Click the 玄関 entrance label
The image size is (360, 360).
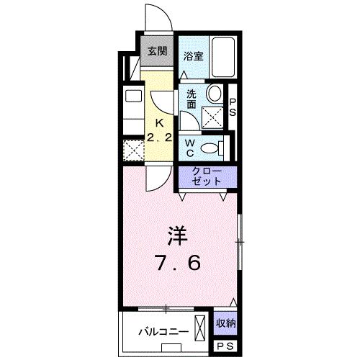click(x=157, y=51)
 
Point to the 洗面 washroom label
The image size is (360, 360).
click(x=192, y=99)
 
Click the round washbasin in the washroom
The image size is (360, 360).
click(x=213, y=94)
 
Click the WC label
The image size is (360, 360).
click(x=190, y=148)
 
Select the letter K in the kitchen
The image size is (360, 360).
click(x=160, y=122)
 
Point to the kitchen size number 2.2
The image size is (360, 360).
click(x=160, y=138)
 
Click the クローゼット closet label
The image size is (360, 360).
click(x=207, y=176)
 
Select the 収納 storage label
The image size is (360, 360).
click(x=225, y=323)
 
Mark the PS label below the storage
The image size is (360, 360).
click(x=225, y=346)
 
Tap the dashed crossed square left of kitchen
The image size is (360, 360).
click(x=132, y=149)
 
